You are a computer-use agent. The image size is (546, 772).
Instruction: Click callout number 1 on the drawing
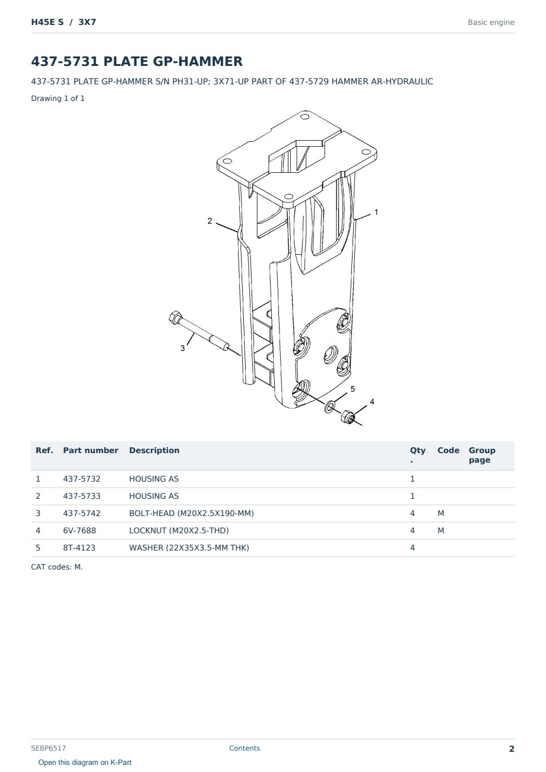[x=376, y=213]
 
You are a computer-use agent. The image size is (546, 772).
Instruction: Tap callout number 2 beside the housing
[x=209, y=221]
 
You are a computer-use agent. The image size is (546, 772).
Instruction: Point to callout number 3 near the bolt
[x=183, y=349]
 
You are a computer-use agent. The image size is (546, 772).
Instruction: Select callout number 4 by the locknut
[x=372, y=401]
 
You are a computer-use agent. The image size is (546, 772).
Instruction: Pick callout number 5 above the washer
[x=353, y=389]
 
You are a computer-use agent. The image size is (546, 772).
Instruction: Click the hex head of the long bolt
[x=174, y=317]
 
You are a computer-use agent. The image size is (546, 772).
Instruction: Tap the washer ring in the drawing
[x=330, y=407]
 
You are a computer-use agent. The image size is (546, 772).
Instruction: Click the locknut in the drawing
[x=348, y=417]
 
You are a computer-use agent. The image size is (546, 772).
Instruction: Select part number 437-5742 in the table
[x=82, y=513]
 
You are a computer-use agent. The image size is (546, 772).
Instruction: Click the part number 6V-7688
[x=80, y=530]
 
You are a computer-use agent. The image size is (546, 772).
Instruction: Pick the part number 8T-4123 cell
[x=79, y=548]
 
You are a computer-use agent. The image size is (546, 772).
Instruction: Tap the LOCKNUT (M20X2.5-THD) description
[x=179, y=530]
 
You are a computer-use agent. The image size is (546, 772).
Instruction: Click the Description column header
[x=154, y=451]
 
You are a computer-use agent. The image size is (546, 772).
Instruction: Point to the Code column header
[x=448, y=451]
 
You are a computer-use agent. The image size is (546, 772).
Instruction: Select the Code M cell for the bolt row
[x=440, y=513]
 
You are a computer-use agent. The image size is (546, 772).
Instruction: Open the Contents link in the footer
[x=245, y=748]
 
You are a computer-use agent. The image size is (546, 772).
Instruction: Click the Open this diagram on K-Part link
[x=85, y=762]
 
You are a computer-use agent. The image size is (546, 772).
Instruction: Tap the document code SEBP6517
[x=48, y=748]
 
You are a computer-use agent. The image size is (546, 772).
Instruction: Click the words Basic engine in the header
[x=491, y=23]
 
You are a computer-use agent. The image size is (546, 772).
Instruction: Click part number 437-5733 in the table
[x=82, y=496]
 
